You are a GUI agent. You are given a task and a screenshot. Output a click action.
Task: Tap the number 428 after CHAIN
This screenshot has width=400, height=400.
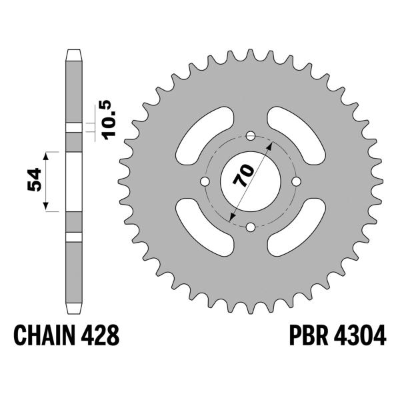[100, 335]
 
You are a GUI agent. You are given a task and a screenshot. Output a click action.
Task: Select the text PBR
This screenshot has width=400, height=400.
[309, 335]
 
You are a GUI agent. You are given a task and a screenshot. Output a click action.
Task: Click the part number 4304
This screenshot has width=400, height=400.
[360, 335]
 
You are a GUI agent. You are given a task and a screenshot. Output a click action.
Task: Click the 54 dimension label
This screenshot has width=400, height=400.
[35, 179]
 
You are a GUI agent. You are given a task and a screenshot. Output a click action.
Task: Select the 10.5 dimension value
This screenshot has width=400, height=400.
[109, 120]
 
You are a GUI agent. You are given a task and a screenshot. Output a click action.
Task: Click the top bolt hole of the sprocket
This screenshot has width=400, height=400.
[251, 136]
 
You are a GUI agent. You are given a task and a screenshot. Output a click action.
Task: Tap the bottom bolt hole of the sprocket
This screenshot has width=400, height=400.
[251, 227]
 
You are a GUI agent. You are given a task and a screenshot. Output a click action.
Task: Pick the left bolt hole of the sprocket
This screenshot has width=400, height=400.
[205, 181]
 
